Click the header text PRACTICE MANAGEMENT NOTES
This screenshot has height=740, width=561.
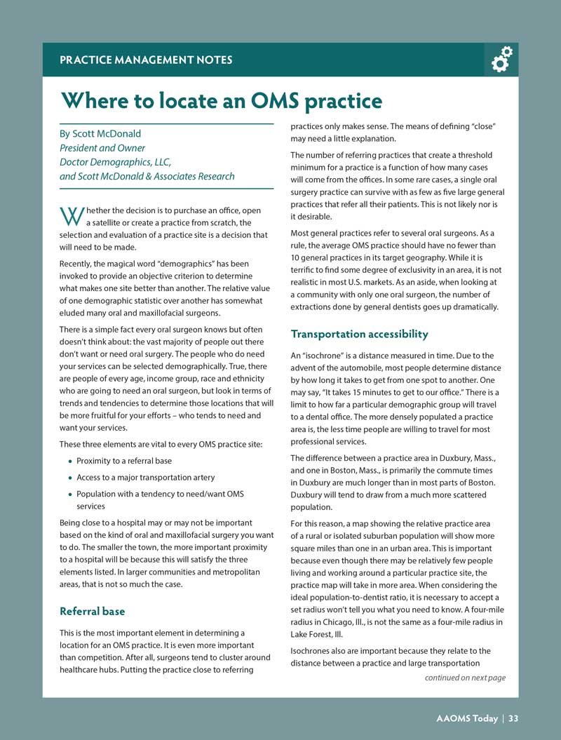[146, 60]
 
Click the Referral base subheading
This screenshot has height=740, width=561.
[93, 611]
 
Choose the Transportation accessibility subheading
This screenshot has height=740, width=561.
[359, 334]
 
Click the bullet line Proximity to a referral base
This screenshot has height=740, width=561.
[123, 461]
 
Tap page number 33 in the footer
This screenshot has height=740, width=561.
[513, 718]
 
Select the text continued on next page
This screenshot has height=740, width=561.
[465, 678]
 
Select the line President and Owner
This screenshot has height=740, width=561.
[102, 148]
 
